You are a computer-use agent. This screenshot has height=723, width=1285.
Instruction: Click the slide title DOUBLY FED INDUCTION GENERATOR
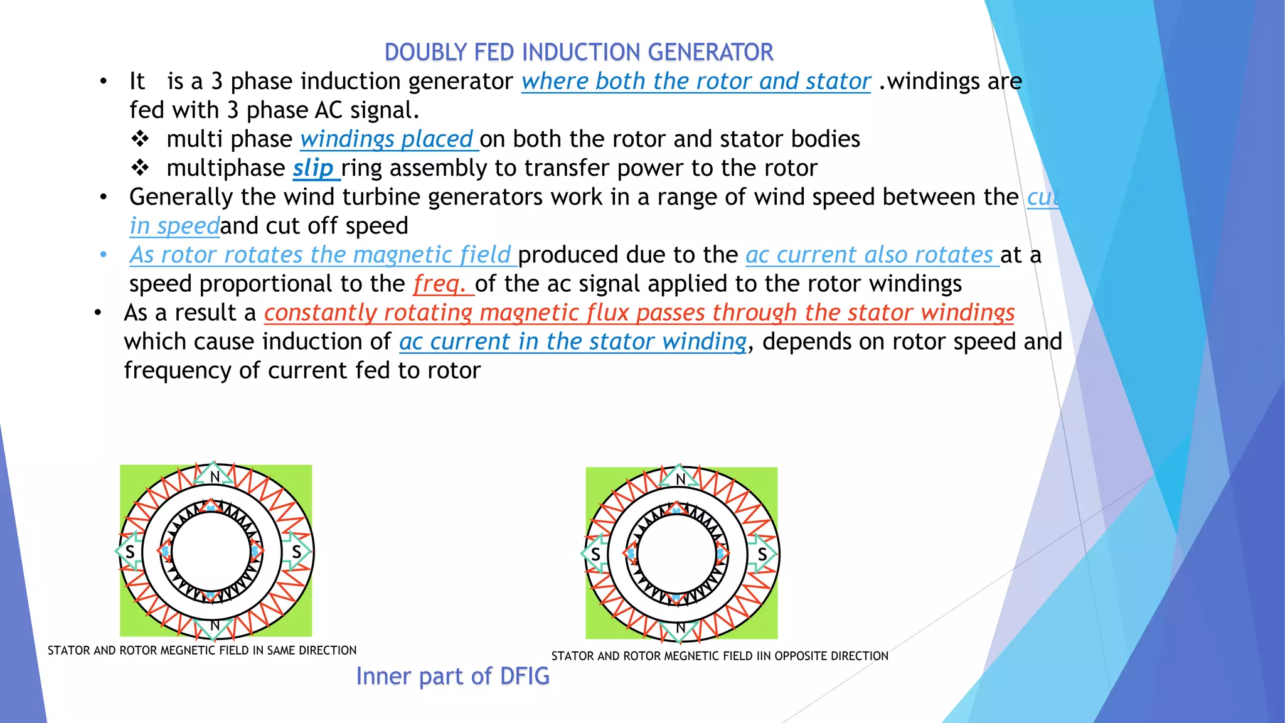pos(579,52)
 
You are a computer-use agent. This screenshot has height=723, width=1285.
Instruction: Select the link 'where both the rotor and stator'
pos(696,82)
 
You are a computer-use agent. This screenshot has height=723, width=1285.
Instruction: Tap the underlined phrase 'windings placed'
pos(387,139)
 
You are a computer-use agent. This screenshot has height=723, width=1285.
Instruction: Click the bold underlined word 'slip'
pos(313,168)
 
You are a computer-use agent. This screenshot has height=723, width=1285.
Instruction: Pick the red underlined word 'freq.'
pos(440,284)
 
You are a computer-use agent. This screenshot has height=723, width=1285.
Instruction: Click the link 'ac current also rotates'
pos(870,255)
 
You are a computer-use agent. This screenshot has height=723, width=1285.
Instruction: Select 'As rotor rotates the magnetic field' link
pos(321,255)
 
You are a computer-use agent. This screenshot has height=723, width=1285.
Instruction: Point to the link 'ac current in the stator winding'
pos(573,342)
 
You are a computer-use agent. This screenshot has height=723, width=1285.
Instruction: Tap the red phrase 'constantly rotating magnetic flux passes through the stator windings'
pos(639,313)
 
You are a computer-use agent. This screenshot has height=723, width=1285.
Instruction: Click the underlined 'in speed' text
pos(174,227)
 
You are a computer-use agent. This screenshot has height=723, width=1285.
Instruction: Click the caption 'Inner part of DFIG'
pos(452,676)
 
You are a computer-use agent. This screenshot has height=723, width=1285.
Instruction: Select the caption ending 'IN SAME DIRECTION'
pos(202,651)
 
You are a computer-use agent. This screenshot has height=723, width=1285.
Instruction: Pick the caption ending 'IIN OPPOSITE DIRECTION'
pos(720,656)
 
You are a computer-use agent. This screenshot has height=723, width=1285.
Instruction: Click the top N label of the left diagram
pos(215,477)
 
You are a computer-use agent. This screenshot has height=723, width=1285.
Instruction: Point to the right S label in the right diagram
pos(762,555)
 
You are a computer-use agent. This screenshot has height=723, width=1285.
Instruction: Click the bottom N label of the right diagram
pos(680,628)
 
